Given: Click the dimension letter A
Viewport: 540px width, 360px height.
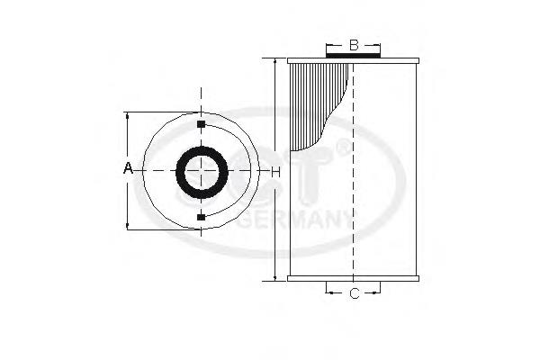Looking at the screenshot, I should point(128,169).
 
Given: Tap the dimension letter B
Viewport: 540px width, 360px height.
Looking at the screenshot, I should point(354,44).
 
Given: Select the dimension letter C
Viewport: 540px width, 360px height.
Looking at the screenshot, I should point(354,293).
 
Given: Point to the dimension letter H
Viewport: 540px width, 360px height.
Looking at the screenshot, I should point(275,171).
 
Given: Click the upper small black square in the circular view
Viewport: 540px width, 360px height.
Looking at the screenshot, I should point(201,123).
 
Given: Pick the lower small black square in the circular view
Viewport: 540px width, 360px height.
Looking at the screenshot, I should point(201,217).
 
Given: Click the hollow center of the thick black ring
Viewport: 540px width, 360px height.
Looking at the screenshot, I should point(201,170).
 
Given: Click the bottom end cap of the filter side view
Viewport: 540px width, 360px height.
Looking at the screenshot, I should point(354,279).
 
